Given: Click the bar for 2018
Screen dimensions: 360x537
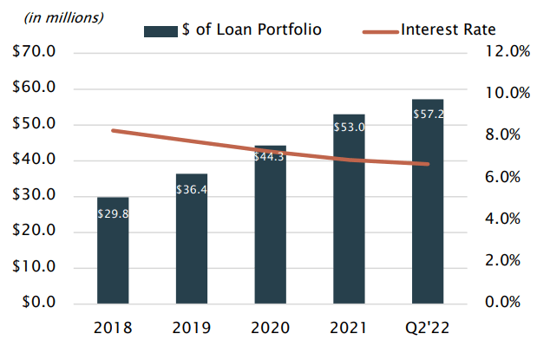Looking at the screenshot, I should tap(113, 251).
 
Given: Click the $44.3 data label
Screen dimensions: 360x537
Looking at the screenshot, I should tap(270, 157).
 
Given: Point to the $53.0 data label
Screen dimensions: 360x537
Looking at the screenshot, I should tap(349, 128).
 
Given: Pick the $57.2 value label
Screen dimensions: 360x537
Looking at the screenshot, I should tap(428, 114).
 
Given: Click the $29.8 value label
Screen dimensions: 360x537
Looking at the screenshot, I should tap(113, 213).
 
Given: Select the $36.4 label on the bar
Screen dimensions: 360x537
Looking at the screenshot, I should tap(192, 188).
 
